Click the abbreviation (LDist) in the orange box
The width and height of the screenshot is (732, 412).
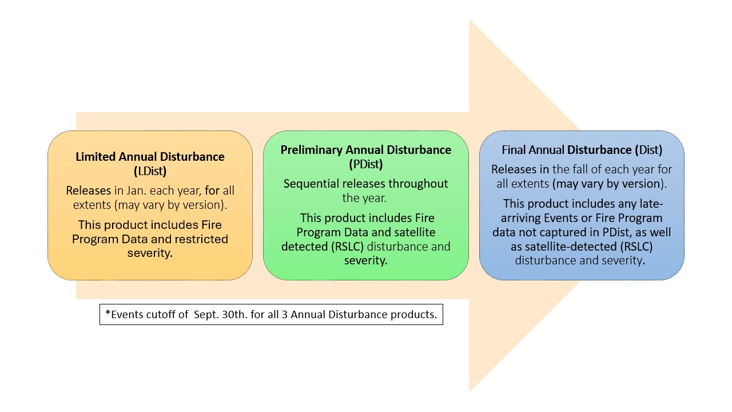(150, 171)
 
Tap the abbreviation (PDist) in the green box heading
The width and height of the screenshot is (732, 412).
(365, 164)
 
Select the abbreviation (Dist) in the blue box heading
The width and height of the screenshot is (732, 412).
(648, 150)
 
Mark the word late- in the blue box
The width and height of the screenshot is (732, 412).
(651, 204)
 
